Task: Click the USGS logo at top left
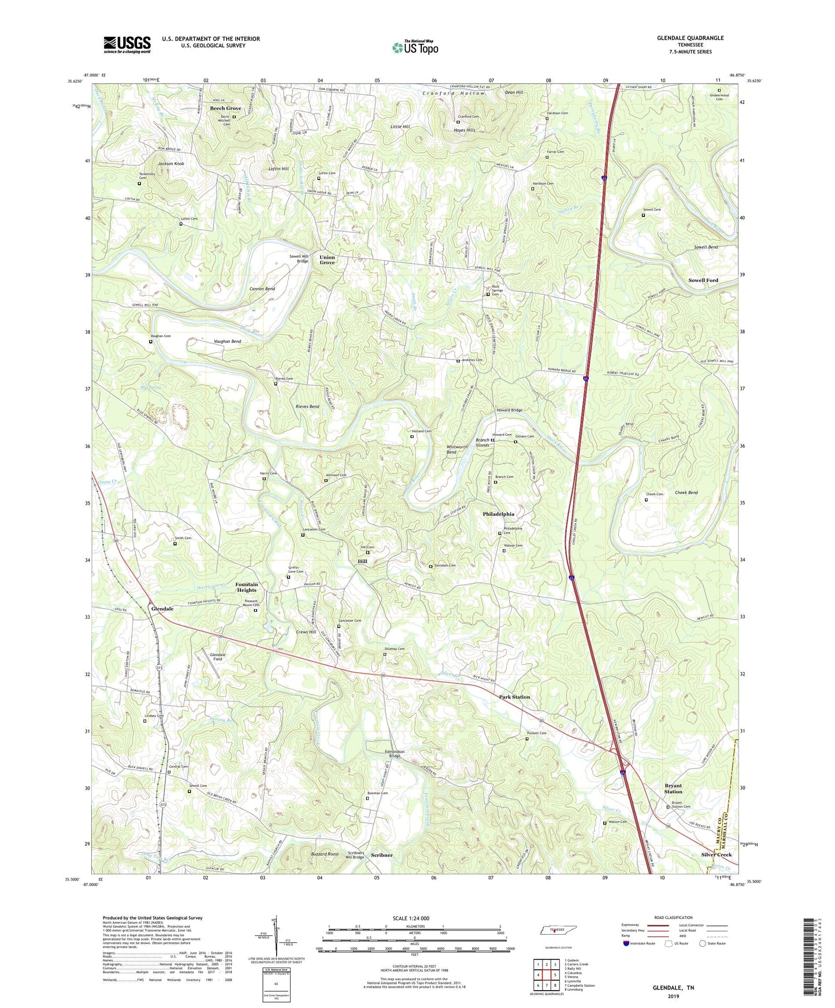coord(127,44)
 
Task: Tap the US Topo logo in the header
coord(414,47)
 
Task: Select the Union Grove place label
coord(327,260)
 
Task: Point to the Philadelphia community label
coord(498,514)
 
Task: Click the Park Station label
coord(514,697)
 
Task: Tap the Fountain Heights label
coord(246,587)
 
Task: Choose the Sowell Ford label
coord(703,280)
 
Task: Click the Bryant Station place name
coord(673,789)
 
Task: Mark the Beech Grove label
coord(225,109)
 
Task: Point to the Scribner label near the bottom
coord(381,856)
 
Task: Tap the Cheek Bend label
coord(686,492)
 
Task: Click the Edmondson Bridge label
coord(395,753)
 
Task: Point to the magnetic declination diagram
coord(275,931)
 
